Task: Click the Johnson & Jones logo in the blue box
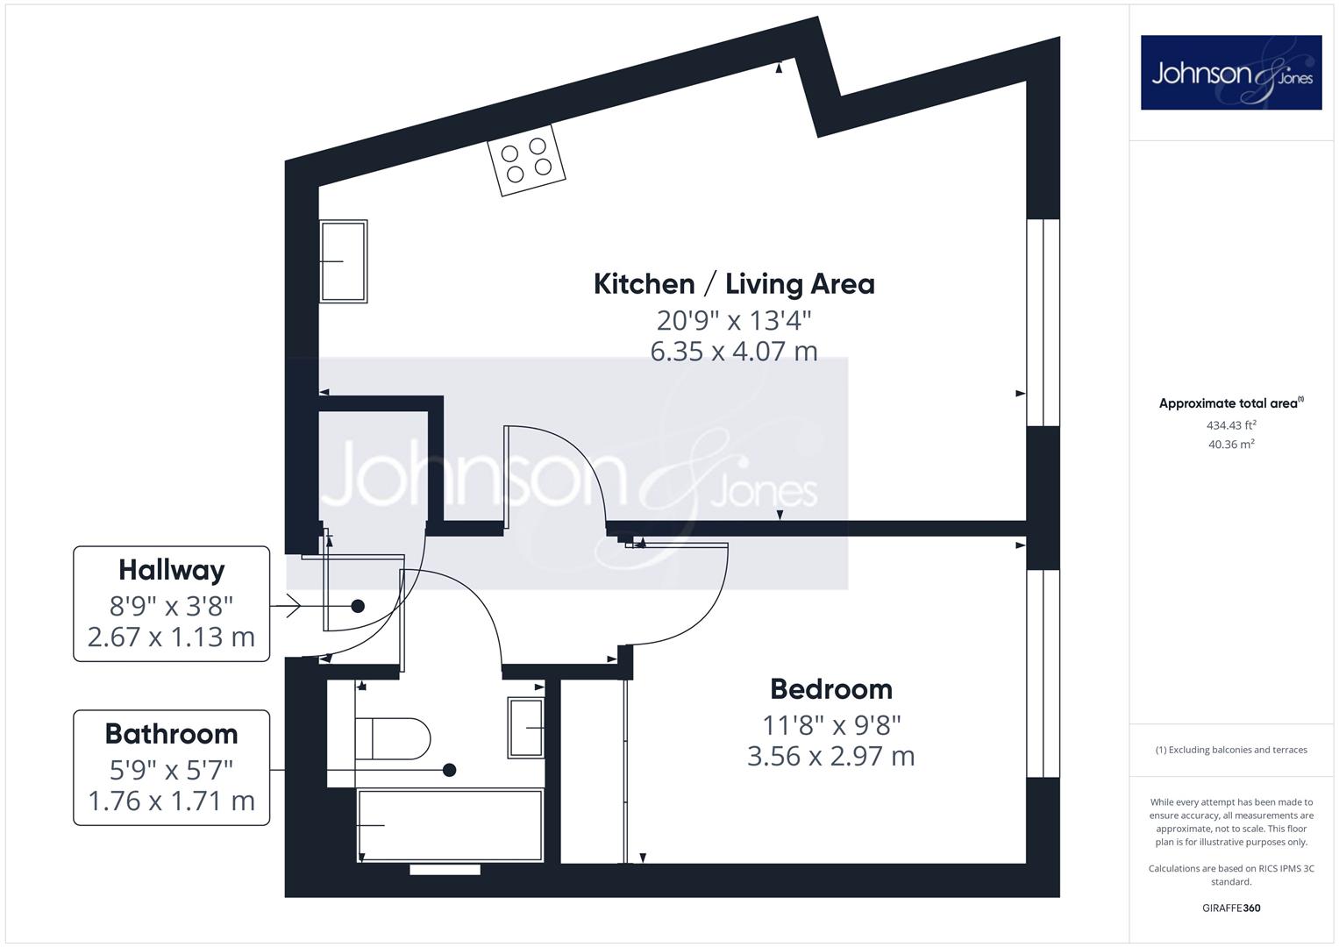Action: pos(1231,72)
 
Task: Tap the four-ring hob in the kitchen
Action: pos(526,160)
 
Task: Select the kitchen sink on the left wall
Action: pos(343,261)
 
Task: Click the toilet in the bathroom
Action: pos(393,738)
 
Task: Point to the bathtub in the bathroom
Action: pos(450,826)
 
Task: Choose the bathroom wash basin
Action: pos(526,728)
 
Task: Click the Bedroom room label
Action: pos(831,689)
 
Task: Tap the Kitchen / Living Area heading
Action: pos(734,284)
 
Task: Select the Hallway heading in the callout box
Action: pos(172,570)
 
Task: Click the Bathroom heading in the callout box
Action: pos(172,734)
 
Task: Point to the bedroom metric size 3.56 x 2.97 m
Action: pos(831,756)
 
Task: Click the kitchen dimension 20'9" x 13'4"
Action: pos(734,320)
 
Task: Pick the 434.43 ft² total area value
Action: pos(1231,425)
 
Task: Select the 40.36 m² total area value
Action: pos(1231,445)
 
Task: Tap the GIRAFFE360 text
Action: pos(1231,908)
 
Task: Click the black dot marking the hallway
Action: pos(358,606)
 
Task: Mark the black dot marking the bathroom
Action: pos(450,770)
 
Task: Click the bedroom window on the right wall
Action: pos(1043,673)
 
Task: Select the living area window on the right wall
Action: pos(1043,323)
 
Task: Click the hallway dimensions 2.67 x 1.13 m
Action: pos(172,637)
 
